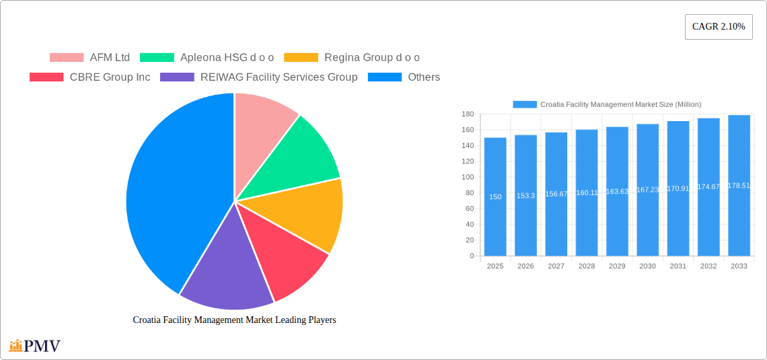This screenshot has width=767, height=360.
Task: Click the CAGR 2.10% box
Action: tap(719, 27)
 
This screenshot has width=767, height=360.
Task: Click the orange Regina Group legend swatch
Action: tap(301, 57)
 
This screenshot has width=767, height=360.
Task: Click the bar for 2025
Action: tap(495, 196)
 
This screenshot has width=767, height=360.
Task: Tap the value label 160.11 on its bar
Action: tap(587, 192)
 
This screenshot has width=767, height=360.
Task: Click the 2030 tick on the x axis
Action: tap(647, 266)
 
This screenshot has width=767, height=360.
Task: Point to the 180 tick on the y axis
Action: tap(467, 114)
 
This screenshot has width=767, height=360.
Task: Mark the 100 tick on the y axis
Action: tap(467, 177)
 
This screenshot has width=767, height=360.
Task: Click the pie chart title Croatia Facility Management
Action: tap(234, 320)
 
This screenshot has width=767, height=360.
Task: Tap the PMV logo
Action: tap(35, 346)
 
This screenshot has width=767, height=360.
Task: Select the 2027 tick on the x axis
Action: tap(556, 266)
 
